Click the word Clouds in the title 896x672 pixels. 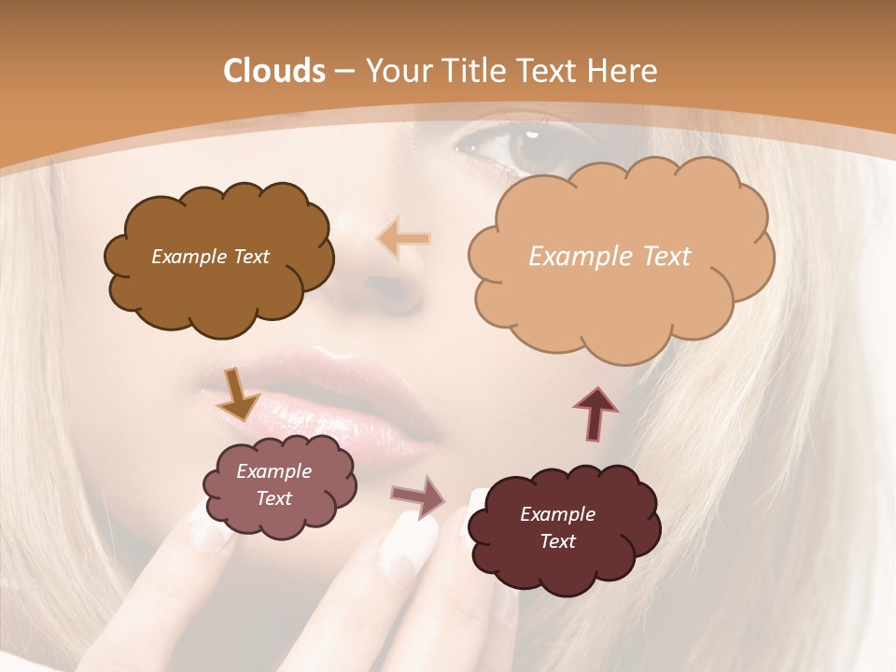coord(273,71)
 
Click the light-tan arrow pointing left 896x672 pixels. coord(404,239)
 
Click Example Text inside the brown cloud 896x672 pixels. coord(210,257)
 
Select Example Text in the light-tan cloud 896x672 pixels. coord(609,257)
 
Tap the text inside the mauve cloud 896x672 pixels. coord(273,485)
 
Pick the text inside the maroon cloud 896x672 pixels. coord(557,527)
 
